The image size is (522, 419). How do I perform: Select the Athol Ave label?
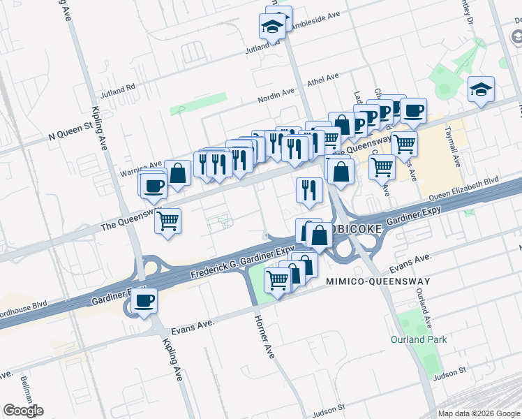click(x=323, y=78)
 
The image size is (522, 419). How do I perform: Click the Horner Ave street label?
click(x=263, y=336)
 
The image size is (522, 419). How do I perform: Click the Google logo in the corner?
click(x=23, y=411)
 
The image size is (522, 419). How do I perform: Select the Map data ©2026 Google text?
click(x=479, y=413)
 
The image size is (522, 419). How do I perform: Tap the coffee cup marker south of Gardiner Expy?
click(x=144, y=302)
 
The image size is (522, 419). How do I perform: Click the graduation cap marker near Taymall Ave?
click(x=482, y=90)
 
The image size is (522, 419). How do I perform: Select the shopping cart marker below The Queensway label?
click(x=167, y=222)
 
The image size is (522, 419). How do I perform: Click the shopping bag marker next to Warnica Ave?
click(x=178, y=173)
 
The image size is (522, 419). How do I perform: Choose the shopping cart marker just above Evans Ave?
click(x=278, y=281)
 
